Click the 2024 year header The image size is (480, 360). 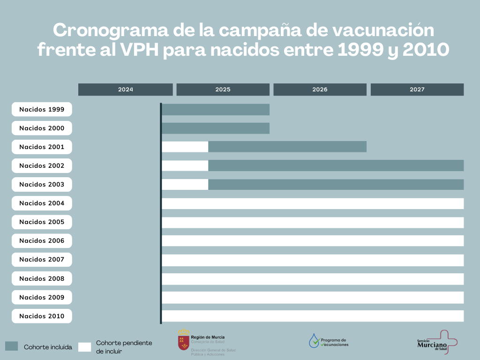point(125,90)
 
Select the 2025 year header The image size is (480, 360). point(223,90)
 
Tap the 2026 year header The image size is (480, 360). point(320,90)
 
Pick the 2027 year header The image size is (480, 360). point(417,90)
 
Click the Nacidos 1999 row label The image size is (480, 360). point(42,109)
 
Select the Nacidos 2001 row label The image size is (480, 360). point(42,147)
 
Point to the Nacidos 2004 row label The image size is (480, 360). point(42,203)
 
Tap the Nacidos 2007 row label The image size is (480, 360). point(42,259)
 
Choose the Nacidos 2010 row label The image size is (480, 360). point(42,316)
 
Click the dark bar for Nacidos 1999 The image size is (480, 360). point(216,109)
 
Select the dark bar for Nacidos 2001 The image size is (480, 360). point(287,147)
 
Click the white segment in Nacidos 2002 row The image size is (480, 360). point(185,165)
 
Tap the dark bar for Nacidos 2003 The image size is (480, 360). point(336,184)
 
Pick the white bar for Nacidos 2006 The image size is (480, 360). point(313,240)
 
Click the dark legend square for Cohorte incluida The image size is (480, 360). point(12,346)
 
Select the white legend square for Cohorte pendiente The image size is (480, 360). point(85,347)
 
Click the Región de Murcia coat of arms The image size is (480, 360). point(183,341)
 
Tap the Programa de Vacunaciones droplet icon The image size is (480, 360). point(314,341)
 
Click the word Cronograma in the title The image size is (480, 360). point(100,30)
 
